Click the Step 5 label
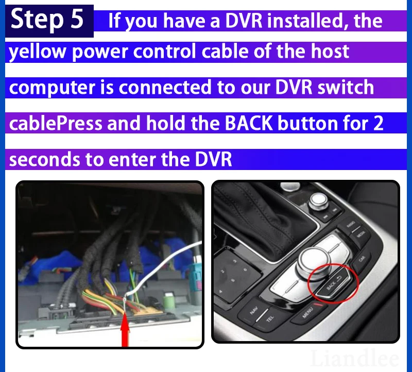[x=47, y=20]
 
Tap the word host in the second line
[x=330, y=52]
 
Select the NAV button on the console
[x=254, y=311]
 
